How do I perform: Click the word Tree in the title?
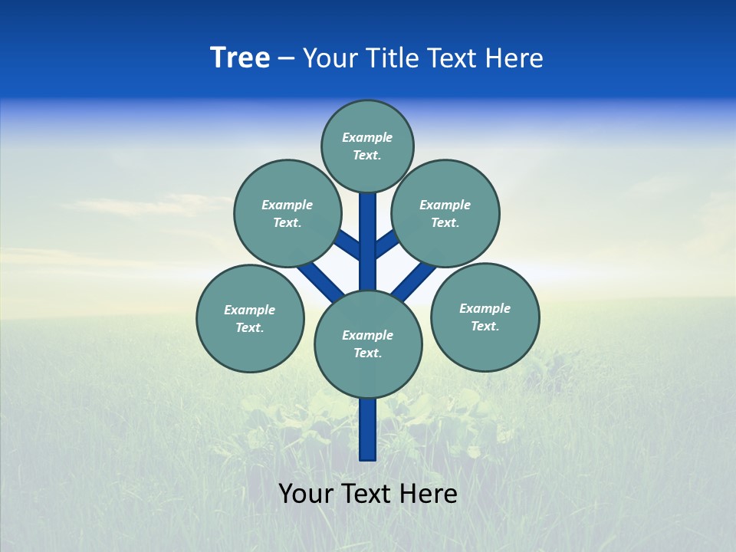240,58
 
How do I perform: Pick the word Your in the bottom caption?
306,494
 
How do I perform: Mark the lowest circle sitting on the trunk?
368,343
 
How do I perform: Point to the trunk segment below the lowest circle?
368,429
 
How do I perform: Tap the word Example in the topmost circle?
367,138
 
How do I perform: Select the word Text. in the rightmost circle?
485,327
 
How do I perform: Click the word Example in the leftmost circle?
249,310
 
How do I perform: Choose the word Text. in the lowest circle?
367,353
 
